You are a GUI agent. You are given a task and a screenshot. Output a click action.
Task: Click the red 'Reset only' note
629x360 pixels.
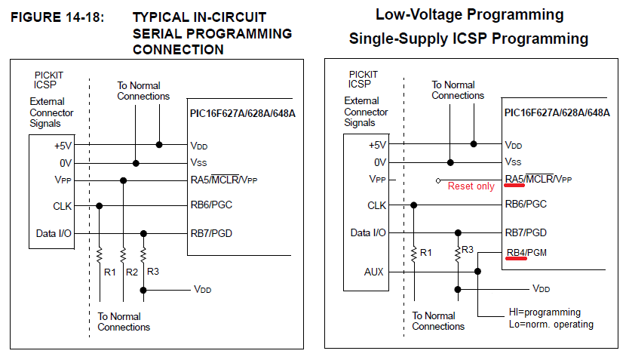(471, 186)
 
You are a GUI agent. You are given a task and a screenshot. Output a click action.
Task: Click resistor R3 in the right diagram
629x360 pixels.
(458, 252)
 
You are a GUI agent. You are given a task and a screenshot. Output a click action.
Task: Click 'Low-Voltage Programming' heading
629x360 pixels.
(468, 14)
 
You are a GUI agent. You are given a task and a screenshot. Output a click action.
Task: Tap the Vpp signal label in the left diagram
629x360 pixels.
(63, 180)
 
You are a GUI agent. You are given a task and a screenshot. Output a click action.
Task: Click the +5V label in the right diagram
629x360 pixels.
(376, 145)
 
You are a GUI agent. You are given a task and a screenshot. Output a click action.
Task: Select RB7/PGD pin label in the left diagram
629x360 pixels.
(211, 233)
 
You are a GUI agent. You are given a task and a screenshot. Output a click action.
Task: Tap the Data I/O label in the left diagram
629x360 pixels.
(54, 233)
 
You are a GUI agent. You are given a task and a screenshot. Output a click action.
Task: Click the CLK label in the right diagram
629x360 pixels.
(376, 205)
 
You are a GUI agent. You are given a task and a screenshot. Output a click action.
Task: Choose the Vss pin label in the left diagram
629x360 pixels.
(198, 162)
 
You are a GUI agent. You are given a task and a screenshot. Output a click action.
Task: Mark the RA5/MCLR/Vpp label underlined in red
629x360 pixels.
(538, 179)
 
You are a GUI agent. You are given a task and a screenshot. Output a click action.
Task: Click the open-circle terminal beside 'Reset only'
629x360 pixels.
(438, 180)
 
